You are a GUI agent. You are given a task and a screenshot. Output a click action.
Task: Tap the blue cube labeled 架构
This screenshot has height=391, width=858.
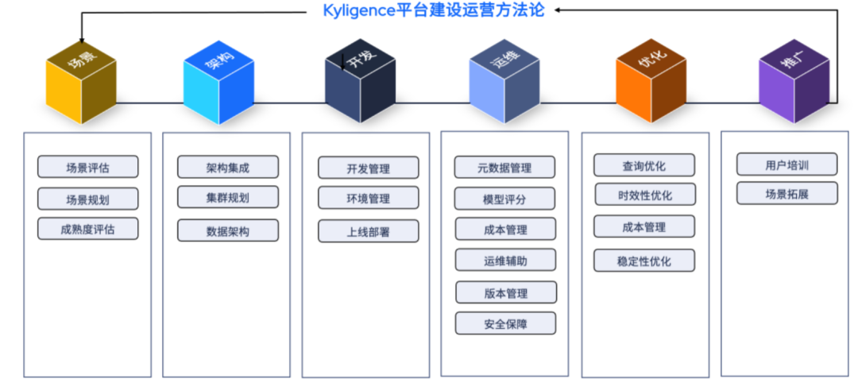point(218,82)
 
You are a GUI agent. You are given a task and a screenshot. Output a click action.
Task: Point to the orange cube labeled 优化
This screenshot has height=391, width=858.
point(651,82)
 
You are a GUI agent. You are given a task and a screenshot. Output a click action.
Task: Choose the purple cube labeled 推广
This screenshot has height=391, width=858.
point(794,82)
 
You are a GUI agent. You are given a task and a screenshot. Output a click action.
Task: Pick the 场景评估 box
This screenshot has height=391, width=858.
point(88,167)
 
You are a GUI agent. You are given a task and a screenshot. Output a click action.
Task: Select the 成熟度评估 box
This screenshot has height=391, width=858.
point(88,229)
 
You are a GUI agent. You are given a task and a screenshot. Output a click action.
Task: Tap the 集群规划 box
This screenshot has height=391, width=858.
point(228,197)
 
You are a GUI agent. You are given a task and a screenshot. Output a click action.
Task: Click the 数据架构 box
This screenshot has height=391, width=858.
point(228,230)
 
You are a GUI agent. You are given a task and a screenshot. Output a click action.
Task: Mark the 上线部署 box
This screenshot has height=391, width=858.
point(369,230)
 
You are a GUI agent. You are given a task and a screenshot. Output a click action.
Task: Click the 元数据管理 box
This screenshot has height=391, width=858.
point(505,168)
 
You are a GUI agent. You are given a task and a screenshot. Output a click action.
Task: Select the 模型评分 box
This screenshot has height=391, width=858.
point(505,199)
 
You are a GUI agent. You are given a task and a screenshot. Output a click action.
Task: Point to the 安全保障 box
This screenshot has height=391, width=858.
point(505,323)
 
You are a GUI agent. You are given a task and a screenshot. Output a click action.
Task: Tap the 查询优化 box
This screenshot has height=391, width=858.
point(644,165)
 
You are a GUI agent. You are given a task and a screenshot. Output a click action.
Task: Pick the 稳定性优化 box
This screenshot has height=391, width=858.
point(644,260)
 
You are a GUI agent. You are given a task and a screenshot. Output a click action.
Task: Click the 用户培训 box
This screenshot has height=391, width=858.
point(786,165)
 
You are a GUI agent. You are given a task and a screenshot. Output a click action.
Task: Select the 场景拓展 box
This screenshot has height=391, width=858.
point(786,193)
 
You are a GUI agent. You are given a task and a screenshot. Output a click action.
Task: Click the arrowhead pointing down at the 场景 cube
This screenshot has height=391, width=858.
point(82,41)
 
